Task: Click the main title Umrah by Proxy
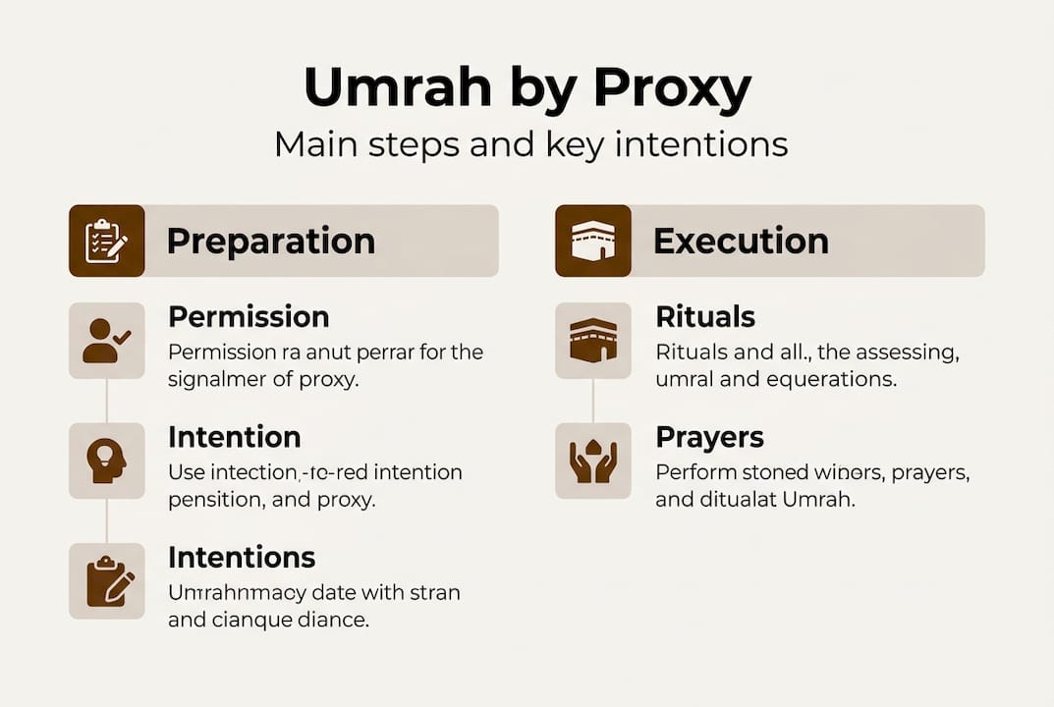click(x=527, y=88)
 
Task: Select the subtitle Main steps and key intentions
click(x=530, y=144)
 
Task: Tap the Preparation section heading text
click(x=271, y=242)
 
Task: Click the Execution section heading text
click(x=741, y=242)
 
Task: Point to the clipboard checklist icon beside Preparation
click(x=106, y=241)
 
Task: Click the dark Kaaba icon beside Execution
click(x=593, y=241)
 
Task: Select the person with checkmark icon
click(x=106, y=341)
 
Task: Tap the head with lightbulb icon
click(x=106, y=461)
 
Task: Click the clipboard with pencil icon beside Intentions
click(x=106, y=581)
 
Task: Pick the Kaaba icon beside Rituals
click(x=593, y=341)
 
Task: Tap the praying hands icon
click(x=593, y=461)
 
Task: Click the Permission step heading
click(x=249, y=317)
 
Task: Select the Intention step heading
click(x=234, y=437)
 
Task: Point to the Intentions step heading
click(x=242, y=558)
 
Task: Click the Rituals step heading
click(x=705, y=317)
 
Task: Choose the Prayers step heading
click(x=709, y=437)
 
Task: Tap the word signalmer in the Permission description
click(x=228, y=379)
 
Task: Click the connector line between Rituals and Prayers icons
click(x=593, y=401)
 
